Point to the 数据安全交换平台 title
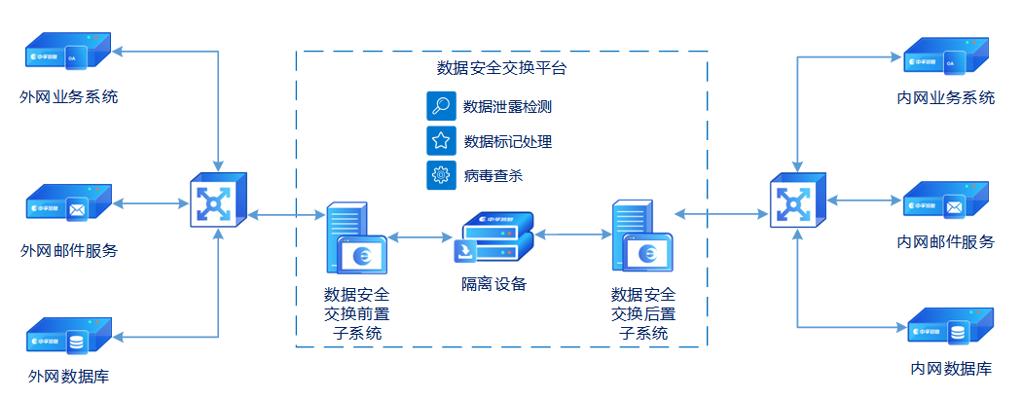(x=502, y=68)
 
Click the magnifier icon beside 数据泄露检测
(x=441, y=106)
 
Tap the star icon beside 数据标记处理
(x=441, y=141)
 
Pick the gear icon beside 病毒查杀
(x=441, y=176)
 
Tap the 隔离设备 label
(x=493, y=284)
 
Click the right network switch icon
(x=797, y=199)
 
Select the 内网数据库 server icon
(x=949, y=328)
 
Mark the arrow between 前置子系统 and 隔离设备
(x=420, y=236)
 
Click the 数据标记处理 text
(x=508, y=142)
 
